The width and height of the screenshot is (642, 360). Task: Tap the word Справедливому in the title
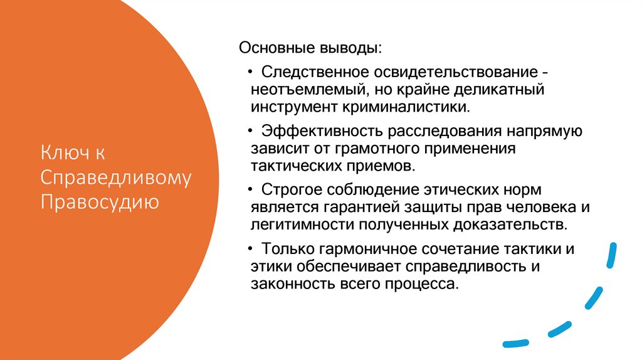(x=116, y=178)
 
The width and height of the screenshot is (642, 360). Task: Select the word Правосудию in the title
(x=100, y=202)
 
